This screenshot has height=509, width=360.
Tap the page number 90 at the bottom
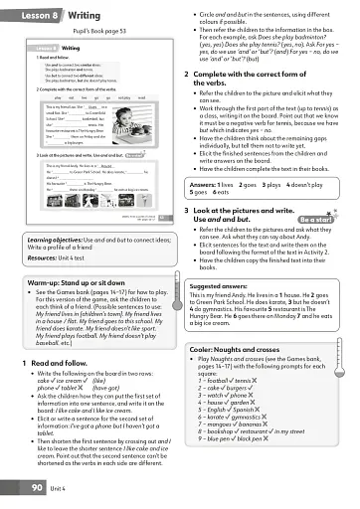click(30, 488)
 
